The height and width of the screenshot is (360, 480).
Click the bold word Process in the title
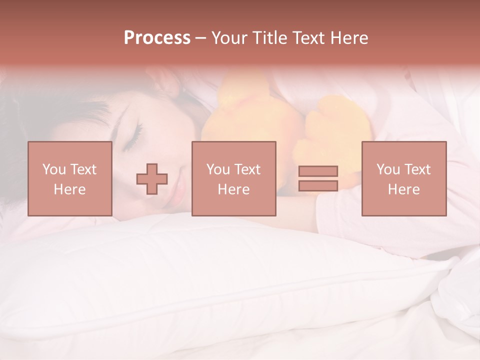click(x=157, y=38)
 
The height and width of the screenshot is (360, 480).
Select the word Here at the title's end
click(x=348, y=38)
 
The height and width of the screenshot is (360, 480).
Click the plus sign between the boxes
click(x=152, y=178)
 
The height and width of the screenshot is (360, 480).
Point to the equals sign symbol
click(x=318, y=178)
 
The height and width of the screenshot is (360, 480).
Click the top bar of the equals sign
click(x=318, y=171)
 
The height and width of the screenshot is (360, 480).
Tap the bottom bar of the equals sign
click(x=318, y=185)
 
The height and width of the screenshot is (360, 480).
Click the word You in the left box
click(x=53, y=169)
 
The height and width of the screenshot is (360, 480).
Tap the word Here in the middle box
click(x=233, y=189)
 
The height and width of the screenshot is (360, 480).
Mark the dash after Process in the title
click(x=201, y=38)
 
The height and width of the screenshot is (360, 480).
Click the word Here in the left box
click(x=69, y=189)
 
